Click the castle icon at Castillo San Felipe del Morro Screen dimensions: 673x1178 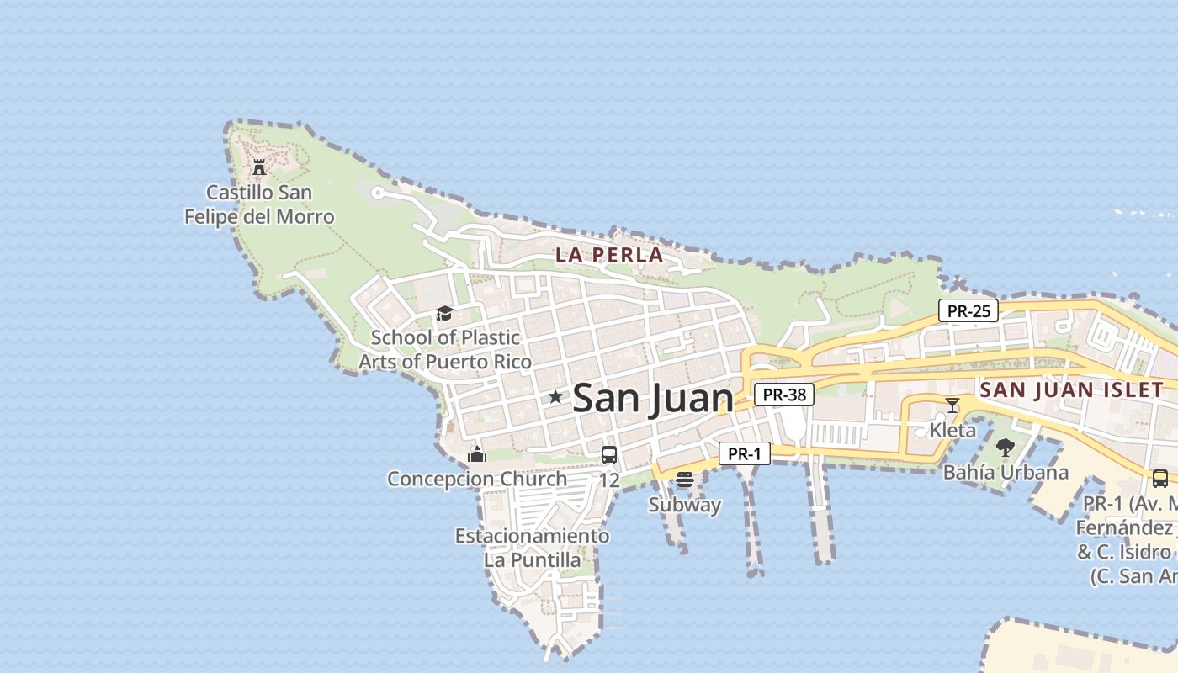pyautogui.click(x=259, y=167)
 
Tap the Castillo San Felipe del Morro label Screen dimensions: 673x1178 pyautogui.click(x=259, y=204)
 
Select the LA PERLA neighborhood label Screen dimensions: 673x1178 pyautogui.click(x=609, y=255)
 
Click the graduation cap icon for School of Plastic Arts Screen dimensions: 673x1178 pyautogui.click(x=444, y=314)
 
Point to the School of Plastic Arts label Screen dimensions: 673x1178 pyautogui.click(x=445, y=349)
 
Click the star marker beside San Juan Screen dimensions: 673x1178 pyautogui.click(x=555, y=397)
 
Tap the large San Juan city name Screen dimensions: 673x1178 pyautogui.click(x=652, y=398)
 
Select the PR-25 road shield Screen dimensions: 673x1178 pyautogui.click(x=968, y=310)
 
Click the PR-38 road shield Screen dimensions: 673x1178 pyautogui.click(x=783, y=394)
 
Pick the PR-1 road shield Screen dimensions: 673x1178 pyautogui.click(x=745, y=453)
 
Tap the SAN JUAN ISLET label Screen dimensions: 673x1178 pyautogui.click(x=1071, y=389)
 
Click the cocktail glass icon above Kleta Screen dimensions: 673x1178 pyautogui.click(x=952, y=405)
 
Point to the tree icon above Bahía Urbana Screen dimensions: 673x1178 pyautogui.click(x=1005, y=448)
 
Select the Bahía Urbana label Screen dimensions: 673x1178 pyautogui.click(x=1006, y=472)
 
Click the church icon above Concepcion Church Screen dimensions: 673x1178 pyautogui.click(x=477, y=455)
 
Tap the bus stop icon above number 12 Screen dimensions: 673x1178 pyautogui.click(x=609, y=455)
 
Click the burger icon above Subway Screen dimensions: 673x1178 pyautogui.click(x=684, y=480)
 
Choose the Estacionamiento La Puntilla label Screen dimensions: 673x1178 pyautogui.click(x=532, y=548)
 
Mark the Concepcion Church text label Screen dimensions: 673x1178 pyautogui.click(x=477, y=479)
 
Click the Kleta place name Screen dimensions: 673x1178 pyautogui.click(x=952, y=431)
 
